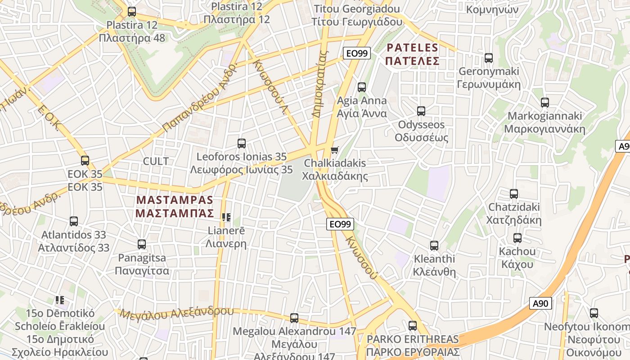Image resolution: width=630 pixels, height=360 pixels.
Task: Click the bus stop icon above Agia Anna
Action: (362, 87)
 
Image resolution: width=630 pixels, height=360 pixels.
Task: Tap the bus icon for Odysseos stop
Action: (421, 111)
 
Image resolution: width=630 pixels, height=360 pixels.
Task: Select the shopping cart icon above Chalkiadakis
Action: (334, 150)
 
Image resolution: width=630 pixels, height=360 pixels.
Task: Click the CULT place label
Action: (156, 161)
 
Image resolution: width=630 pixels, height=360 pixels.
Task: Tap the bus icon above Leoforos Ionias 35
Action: (242, 144)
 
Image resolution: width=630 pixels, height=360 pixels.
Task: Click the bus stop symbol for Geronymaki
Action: (489, 58)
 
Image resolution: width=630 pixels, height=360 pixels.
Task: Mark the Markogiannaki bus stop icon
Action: (545, 103)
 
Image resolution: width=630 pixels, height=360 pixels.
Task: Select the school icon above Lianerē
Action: (226, 217)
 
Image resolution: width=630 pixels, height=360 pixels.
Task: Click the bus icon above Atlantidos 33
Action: (74, 221)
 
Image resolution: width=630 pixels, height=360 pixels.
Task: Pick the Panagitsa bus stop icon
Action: (142, 244)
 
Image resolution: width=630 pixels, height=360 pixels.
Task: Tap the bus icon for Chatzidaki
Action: (514, 194)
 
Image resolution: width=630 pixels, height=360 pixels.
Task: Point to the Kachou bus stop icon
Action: (517, 238)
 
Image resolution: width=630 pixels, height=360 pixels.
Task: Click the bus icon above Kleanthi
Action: (434, 246)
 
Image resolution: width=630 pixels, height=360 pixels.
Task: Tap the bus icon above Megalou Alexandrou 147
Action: (294, 318)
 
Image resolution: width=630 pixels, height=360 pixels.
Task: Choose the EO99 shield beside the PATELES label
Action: (356, 53)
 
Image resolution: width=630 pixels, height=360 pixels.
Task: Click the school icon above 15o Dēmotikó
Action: (60, 300)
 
